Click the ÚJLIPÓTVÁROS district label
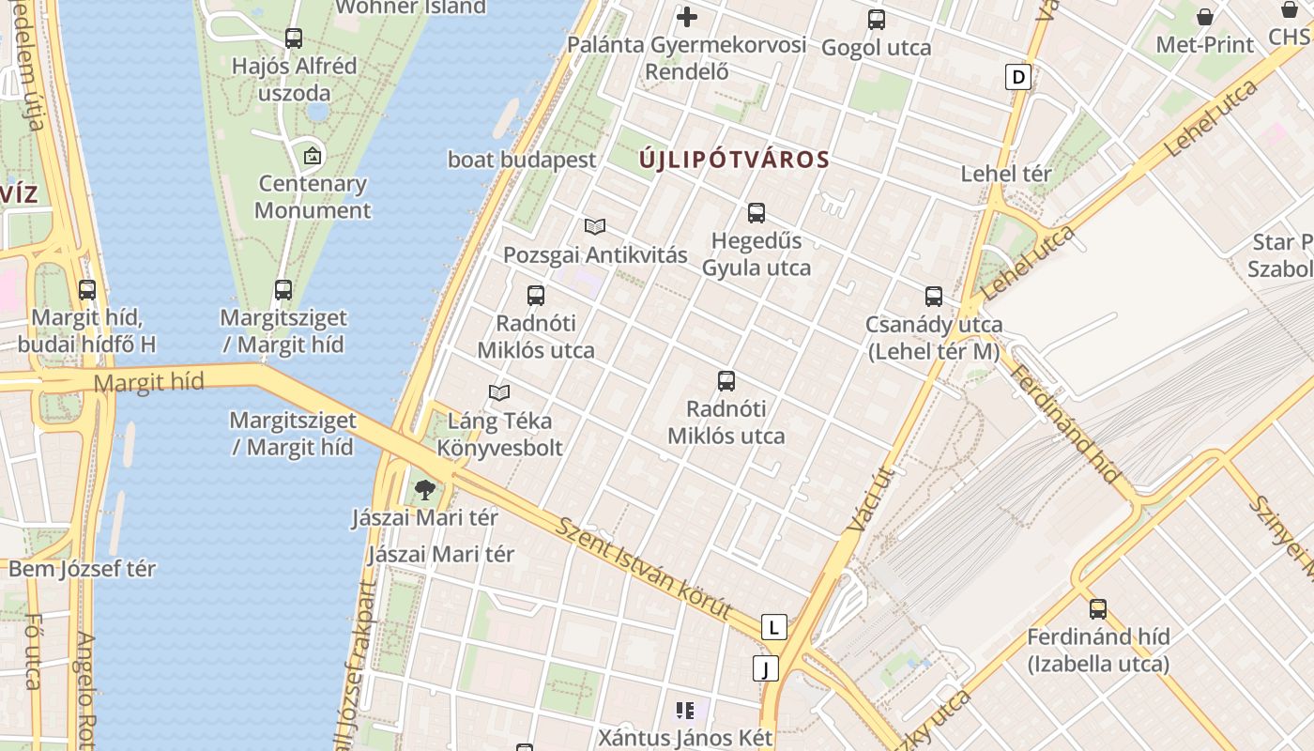click(734, 160)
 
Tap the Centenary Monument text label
click(313, 197)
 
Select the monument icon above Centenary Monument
click(313, 156)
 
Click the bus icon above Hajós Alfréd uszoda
click(294, 38)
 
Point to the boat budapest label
click(522, 160)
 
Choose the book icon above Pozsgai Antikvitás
click(595, 226)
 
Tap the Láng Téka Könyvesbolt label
click(499, 434)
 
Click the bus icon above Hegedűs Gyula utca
click(756, 213)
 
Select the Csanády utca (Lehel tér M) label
click(933, 338)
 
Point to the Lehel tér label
click(1006, 174)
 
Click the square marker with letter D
click(1018, 77)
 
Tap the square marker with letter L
click(773, 627)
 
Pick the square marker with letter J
click(766, 668)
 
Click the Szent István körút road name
click(644, 569)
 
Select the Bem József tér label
click(83, 569)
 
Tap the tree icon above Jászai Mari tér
click(425, 488)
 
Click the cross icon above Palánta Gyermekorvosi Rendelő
click(687, 17)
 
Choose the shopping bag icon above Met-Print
click(1205, 17)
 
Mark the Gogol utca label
click(877, 48)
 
